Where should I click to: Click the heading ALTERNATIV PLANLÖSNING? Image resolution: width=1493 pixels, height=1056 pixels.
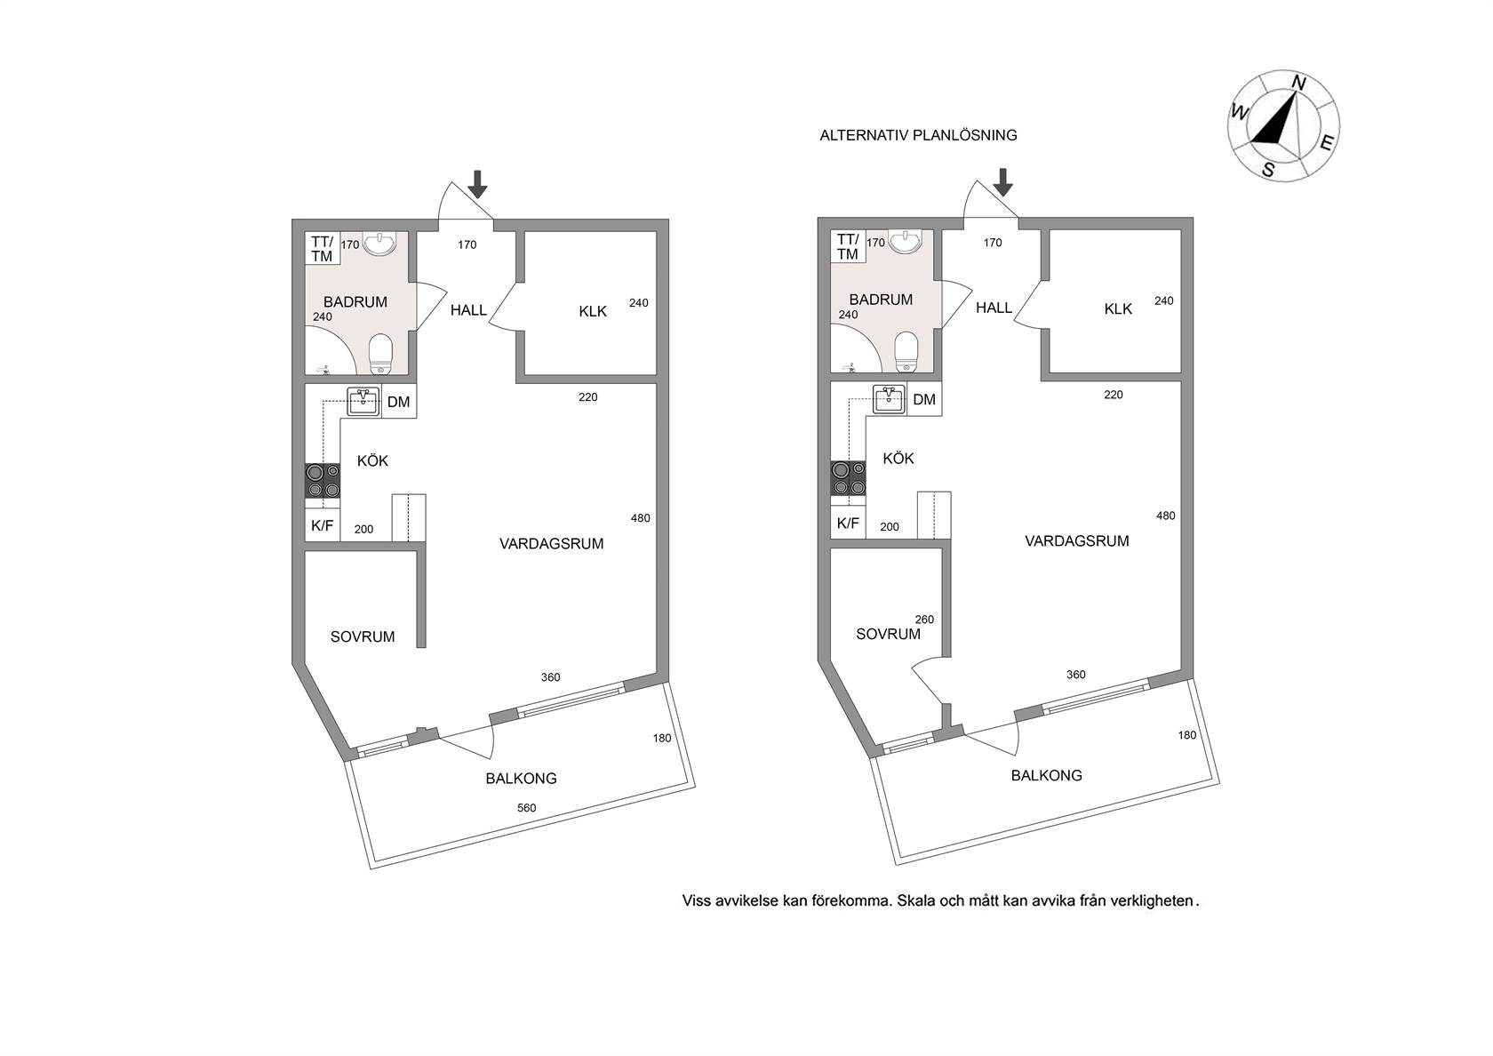tap(919, 135)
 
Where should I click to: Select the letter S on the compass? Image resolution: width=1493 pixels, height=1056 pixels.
tap(1268, 170)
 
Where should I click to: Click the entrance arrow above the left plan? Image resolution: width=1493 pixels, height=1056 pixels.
tap(477, 184)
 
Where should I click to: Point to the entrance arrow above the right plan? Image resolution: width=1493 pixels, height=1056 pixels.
tap(1003, 182)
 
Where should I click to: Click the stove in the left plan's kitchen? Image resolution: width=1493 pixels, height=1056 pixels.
tap(323, 481)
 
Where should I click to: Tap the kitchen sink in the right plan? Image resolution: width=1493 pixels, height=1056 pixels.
tap(889, 399)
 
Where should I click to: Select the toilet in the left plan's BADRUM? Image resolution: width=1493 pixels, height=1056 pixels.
tap(380, 354)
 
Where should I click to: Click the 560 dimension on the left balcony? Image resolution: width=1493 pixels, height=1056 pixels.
tap(526, 808)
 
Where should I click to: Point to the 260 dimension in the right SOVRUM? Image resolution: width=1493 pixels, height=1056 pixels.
tap(924, 620)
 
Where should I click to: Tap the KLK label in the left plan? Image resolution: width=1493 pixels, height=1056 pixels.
tap(593, 311)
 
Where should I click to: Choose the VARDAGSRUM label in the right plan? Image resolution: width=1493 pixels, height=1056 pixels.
tap(1077, 540)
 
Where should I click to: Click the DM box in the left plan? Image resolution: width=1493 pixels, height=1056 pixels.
tap(399, 402)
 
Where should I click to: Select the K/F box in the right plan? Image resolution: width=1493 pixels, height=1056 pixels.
tap(848, 523)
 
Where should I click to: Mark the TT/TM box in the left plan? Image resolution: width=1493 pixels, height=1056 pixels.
tap(323, 249)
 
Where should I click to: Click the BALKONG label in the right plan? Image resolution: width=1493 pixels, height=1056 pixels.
tap(1047, 775)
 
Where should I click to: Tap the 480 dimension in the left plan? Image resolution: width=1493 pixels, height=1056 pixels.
tap(641, 518)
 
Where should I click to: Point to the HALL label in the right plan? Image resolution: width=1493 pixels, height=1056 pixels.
tap(994, 308)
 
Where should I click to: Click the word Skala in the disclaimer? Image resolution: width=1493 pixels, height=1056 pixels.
tap(915, 900)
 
